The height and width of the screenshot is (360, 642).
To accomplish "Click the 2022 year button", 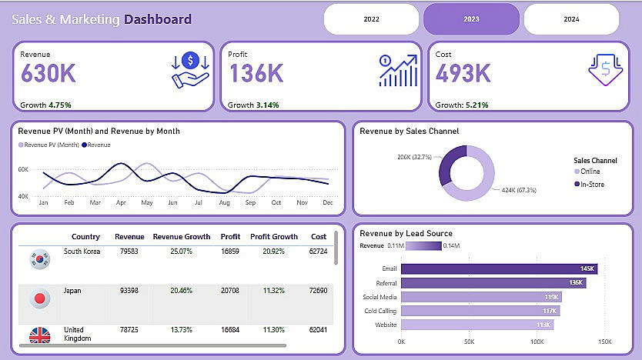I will pos(372,18).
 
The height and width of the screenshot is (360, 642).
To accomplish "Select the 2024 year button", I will pos(571,18).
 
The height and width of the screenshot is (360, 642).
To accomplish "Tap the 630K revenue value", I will pos(48,74).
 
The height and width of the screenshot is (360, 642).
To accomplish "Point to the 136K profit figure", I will pos(256,74).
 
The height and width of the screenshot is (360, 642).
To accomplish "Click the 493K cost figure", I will pos(463,74).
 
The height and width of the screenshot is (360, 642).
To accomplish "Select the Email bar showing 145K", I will pos(499,268).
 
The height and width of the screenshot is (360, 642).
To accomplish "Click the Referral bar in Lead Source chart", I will pos(493,282).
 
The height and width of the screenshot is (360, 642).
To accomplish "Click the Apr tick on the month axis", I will pos(121,202).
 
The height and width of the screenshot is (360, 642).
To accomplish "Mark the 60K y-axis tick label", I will pos(23,169).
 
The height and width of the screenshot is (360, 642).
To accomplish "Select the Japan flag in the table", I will pos(38,298).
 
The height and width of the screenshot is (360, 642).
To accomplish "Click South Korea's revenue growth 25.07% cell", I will pos(181,251).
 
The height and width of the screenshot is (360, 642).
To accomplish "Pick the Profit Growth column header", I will pos(274,237).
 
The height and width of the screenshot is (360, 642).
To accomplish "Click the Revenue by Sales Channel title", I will pos(409,131).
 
